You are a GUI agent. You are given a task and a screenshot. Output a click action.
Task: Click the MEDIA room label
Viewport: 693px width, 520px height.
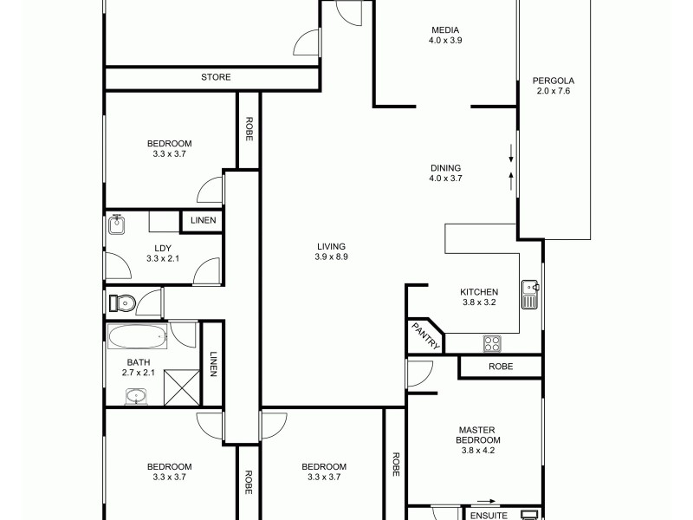point(444,29)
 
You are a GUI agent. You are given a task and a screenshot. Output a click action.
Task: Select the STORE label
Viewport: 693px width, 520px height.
point(216,77)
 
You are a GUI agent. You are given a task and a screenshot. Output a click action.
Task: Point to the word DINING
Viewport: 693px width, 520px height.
point(445,168)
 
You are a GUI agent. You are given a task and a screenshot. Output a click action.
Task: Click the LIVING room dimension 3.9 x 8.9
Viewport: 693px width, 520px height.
point(331,257)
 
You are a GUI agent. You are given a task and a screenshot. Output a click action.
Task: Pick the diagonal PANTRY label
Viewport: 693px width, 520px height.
point(425,335)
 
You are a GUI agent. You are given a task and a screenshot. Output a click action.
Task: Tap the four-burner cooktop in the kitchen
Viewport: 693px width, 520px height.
point(492,343)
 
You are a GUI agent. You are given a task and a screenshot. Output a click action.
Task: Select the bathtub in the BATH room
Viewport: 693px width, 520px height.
point(137,335)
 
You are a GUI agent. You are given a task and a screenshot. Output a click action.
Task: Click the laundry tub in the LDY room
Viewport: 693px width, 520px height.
point(118,225)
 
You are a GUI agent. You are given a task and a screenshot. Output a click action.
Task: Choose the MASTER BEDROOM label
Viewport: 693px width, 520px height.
point(479,434)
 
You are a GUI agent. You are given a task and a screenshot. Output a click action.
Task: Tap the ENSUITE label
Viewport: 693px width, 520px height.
point(489,515)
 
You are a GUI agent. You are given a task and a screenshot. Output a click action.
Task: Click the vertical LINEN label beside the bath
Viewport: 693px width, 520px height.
point(213,363)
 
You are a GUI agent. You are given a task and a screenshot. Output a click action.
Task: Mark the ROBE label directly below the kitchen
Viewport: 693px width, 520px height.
point(501,367)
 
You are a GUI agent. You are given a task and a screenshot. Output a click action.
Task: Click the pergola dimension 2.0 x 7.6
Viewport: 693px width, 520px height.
point(554,92)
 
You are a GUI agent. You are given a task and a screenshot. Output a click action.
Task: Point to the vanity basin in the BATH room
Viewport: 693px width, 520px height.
point(136,396)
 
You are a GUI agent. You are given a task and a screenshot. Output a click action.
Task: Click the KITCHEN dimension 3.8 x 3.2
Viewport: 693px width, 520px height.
point(478,302)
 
